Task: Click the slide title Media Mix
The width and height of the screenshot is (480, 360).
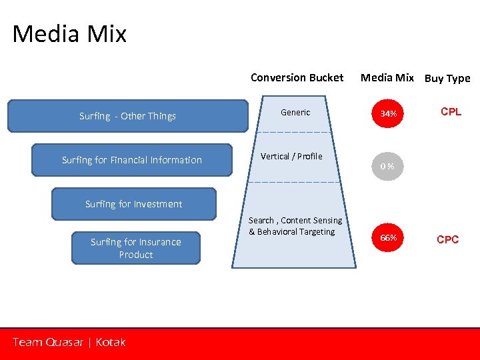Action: [x=69, y=34]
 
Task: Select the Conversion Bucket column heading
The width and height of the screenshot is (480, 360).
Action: [x=297, y=77]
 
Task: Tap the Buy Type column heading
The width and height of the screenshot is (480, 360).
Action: [x=447, y=78]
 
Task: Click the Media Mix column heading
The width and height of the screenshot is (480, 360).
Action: [x=387, y=77]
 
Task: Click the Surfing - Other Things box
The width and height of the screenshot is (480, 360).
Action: [x=127, y=116]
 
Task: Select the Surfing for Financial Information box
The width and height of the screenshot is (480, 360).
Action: [x=132, y=160]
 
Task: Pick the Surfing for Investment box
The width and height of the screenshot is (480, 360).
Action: [x=133, y=204]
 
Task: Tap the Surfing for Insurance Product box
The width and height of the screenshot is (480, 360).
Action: [x=136, y=248]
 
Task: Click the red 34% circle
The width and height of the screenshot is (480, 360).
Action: [x=389, y=114]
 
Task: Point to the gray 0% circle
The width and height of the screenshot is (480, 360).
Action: [x=388, y=166]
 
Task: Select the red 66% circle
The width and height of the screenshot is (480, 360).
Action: [x=389, y=238]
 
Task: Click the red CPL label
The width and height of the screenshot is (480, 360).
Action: [x=451, y=112]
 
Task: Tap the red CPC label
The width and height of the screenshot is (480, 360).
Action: [x=447, y=239]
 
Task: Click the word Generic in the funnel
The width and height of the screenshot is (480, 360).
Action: [x=295, y=113]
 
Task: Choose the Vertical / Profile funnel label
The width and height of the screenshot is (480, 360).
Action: [x=291, y=156]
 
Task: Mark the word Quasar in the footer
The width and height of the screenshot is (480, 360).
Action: [x=64, y=342]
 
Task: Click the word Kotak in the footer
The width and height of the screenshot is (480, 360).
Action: [x=111, y=342]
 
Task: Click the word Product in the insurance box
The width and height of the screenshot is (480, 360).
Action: [x=136, y=255]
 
